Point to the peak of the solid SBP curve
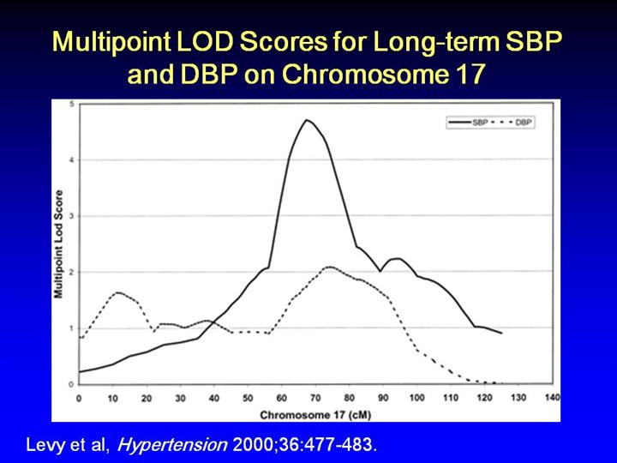(306, 120)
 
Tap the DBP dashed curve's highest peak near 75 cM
(328, 267)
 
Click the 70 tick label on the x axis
(315, 398)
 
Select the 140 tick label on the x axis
(552, 398)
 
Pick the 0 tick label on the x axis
(79, 398)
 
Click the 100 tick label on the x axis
(416, 398)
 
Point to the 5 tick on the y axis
(70, 104)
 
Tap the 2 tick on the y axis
(70, 272)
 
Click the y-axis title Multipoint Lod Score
(60, 244)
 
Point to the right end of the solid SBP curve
(501, 333)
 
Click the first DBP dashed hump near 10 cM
(118, 292)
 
